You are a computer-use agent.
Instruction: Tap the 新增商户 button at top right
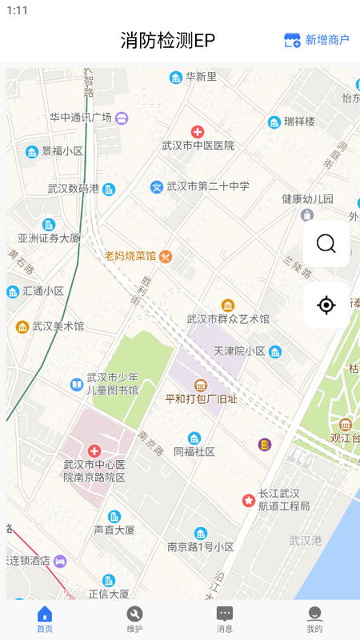317,40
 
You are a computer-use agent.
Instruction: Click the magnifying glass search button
326,243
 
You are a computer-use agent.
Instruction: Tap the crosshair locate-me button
326,305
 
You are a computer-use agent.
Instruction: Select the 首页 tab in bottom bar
45,619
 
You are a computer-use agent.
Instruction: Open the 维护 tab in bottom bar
134,619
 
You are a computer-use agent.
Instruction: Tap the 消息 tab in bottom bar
225,619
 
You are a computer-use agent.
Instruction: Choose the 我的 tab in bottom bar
314,619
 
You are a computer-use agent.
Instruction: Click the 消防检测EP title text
168,40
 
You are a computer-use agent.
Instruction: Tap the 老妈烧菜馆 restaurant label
130,256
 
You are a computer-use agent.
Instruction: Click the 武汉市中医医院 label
198,146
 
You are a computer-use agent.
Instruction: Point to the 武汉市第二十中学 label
207,186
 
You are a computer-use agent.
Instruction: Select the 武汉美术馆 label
58,326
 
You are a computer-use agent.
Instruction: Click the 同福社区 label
194,451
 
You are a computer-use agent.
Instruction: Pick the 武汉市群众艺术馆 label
228,318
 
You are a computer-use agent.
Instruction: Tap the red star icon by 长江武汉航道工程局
249,500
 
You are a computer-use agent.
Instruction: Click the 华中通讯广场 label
81,118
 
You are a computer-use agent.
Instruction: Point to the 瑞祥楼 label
299,122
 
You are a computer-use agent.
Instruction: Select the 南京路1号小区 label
200,547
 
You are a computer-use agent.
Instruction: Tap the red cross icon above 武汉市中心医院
94,451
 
